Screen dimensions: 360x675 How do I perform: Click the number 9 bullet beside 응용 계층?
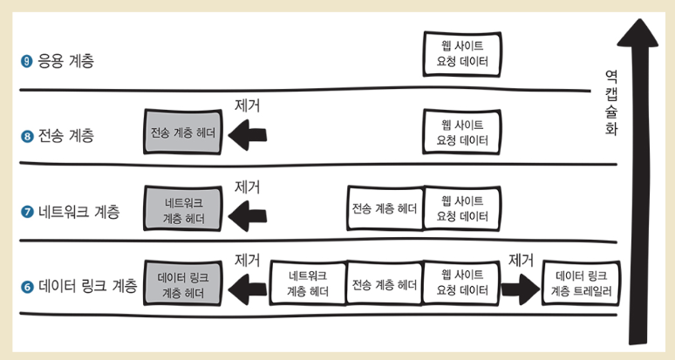pyautogui.click(x=27, y=62)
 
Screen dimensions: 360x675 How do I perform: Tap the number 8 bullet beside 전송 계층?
pyautogui.click(x=27, y=136)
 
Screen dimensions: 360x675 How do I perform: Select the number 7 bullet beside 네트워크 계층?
pyautogui.click(x=27, y=212)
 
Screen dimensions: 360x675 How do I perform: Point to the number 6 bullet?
pyautogui.click(x=27, y=286)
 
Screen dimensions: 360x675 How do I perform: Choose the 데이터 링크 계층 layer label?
pyautogui.click(x=88, y=286)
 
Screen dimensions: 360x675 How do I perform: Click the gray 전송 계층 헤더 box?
pyautogui.click(x=182, y=133)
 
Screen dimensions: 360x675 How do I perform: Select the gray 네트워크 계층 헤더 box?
pyautogui.click(x=184, y=210)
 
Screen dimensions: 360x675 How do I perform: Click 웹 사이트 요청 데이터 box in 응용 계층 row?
pyautogui.click(x=461, y=54)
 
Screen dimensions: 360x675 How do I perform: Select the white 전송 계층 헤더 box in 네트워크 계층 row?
pyautogui.click(x=385, y=210)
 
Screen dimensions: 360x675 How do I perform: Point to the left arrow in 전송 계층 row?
pyautogui.click(x=247, y=133)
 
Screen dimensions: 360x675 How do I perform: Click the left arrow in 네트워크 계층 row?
pyautogui.click(x=247, y=210)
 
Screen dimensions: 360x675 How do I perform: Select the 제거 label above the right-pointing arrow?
pyautogui.click(x=521, y=260)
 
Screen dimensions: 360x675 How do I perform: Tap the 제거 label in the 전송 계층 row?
pyautogui.click(x=248, y=105)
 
